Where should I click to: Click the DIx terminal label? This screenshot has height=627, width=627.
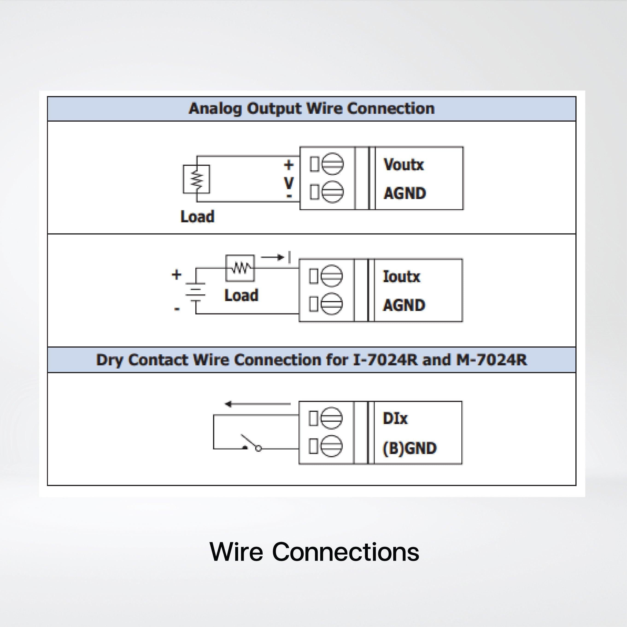tap(395, 418)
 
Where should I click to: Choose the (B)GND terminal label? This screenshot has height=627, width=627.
tap(410, 448)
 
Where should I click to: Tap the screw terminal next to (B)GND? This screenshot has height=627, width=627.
tap(331, 446)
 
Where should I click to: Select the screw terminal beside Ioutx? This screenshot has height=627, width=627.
tap(331, 276)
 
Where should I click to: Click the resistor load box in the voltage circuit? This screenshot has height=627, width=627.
tap(196, 179)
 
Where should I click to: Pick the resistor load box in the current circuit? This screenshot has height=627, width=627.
tap(240, 268)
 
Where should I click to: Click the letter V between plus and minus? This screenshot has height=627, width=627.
tap(289, 183)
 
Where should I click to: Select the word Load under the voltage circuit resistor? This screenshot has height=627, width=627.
tap(197, 217)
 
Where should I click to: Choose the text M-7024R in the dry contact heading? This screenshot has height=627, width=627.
tap(492, 360)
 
